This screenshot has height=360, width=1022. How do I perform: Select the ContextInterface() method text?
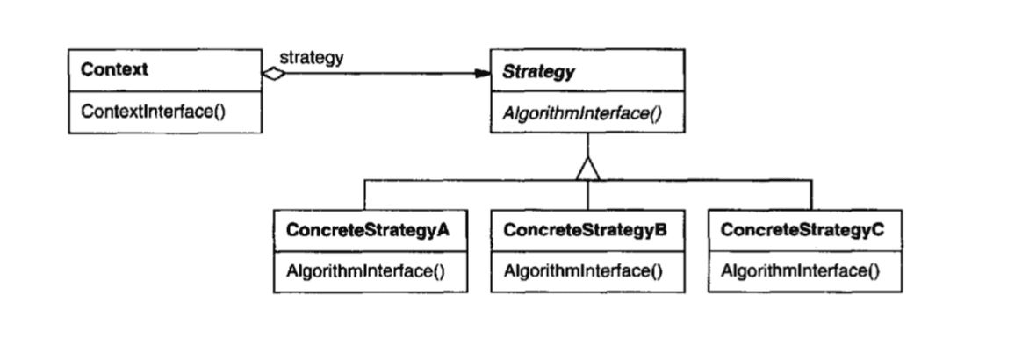pyautogui.click(x=153, y=112)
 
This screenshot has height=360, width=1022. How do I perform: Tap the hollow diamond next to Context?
pyautogui.click(x=274, y=74)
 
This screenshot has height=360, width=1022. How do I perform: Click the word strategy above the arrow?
pyautogui.click(x=312, y=58)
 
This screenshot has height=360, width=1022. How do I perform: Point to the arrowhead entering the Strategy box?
pyautogui.click(x=482, y=74)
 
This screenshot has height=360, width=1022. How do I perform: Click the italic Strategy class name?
pyautogui.click(x=538, y=72)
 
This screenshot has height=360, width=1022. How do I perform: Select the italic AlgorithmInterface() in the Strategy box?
pyautogui.click(x=581, y=112)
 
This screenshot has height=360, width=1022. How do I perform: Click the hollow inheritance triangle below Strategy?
pyautogui.click(x=588, y=169)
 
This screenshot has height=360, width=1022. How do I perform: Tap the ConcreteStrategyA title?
pyautogui.click(x=368, y=230)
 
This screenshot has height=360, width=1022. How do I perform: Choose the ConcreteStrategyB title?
pyautogui.click(x=586, y=230)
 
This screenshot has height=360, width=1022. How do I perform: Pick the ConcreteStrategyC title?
pyautogui.click(x=802, y=230)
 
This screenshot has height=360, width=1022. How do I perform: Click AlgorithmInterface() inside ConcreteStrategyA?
pyautogui.click(x=365, y=271)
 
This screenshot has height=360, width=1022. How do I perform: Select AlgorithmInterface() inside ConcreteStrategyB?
pyautogui.click(x=583, y=271)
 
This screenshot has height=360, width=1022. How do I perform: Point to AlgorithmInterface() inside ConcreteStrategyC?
pyautogui.click(x=800, y=271)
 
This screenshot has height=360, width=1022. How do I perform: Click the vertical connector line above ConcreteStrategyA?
pyautogui.click(x=364, y=195)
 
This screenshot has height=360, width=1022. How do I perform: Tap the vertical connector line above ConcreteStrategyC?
pyautogui.click(x=811, y=195)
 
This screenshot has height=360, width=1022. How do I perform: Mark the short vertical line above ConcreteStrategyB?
pyautogui.click(x=588, y=195)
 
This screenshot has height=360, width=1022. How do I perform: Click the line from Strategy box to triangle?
pyautogui.click(x=588, y=145)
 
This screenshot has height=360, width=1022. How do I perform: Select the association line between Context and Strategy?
pyautogui.click(x=380, y=74)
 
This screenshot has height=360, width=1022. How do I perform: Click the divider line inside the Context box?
pyautogui.click(x=166, y=91)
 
